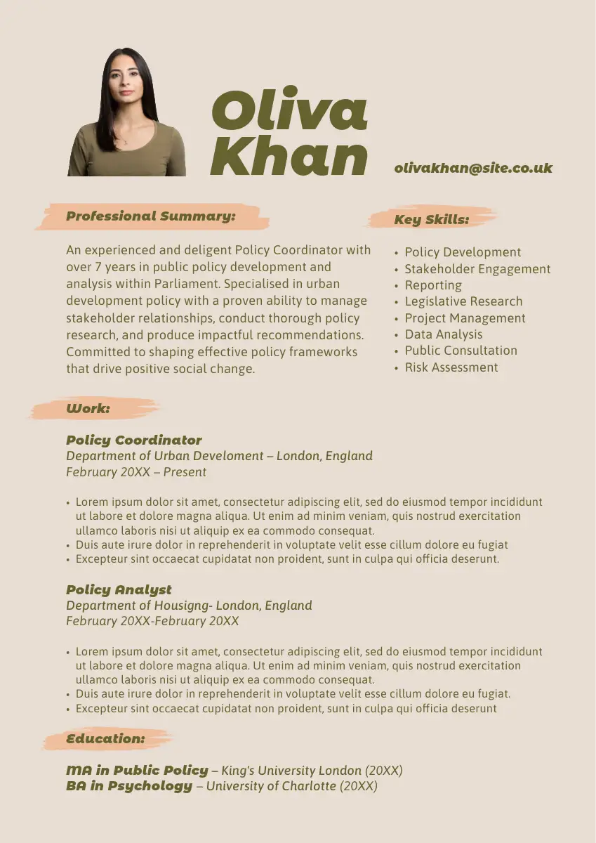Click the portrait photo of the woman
[127, 112]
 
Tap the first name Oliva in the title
[289, 110]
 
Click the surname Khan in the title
[289, 156]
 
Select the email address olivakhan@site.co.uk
[473, 168]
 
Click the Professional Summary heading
[151, 216]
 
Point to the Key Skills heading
[431, 219]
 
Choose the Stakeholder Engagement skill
[477, 269]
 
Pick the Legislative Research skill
[463, 301]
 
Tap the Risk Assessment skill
[451, 367]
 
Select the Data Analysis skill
[444, 334]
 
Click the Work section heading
[88, 408]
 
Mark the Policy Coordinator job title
[134, 440]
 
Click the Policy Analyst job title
[119, 589]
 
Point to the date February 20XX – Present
[136, 472]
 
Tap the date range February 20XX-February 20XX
[152, 621]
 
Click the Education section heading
[106, 738]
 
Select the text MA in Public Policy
[138, 770]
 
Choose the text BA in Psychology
[129, 785]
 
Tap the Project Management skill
[465, 318]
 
